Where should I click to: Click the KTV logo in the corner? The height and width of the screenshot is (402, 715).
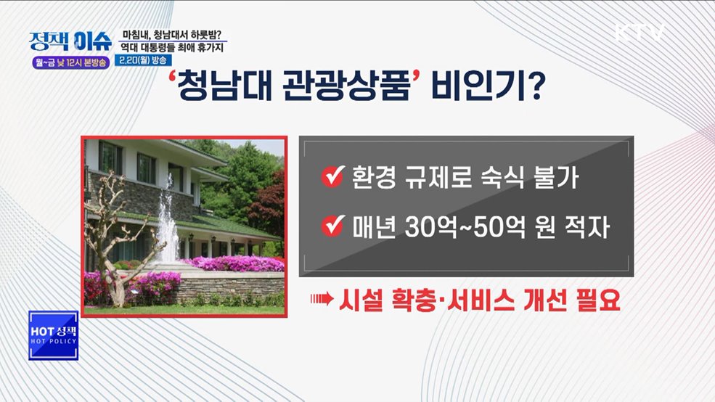point(640,33)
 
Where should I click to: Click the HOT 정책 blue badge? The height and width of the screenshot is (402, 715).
point(53,335)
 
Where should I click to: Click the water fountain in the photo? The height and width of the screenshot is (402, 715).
point(168,225)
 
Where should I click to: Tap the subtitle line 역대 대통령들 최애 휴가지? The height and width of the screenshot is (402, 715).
point(172,46)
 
